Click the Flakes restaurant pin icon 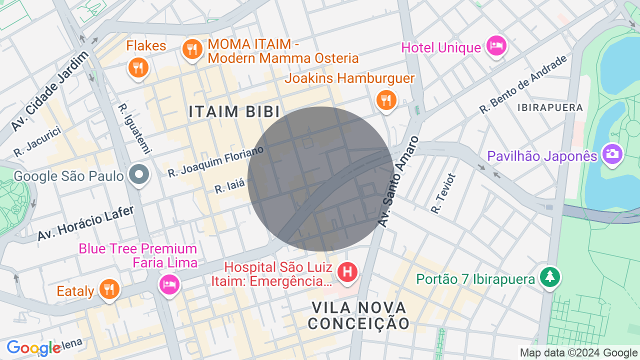(138, 67)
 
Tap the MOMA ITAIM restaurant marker (192, 49)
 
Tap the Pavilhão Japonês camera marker (612, 154)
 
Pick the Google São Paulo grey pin (139, 174)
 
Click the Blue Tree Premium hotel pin (169, 284)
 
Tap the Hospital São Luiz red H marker (347, 272)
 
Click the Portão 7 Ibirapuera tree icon (550, 276)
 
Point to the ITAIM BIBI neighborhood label (234, 111)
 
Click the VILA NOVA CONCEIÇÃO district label (359, 315)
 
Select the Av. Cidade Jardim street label (50, 90)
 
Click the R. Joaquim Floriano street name (215, 161)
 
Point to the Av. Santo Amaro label (398, 181)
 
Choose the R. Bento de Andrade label (523, 83)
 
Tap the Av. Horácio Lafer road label (86, 223)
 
